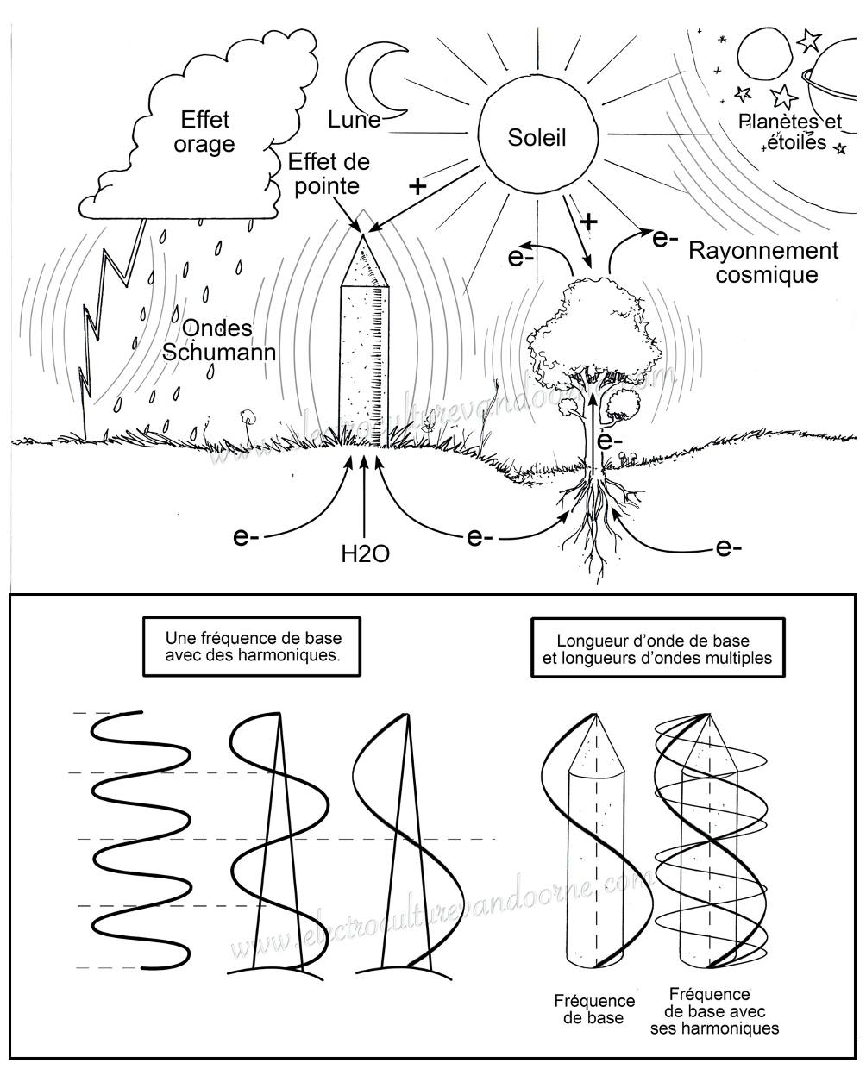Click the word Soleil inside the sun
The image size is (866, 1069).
[537, 138]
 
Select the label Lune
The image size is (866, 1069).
[354, 120]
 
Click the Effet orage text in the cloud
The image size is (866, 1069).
[204, 132]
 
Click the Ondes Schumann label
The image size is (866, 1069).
[219, 341]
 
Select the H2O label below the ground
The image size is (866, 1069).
[366, 554]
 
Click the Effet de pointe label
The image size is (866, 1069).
[329, 173]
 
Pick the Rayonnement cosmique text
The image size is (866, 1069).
[763, 262]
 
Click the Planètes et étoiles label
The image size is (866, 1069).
[790, 132]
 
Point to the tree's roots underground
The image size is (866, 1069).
[598, 517]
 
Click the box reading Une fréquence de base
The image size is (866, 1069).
[252, 647]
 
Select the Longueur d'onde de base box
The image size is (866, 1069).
[657, 648]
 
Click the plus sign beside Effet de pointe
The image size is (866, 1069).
[417, 187]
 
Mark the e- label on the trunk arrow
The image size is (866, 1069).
[611, 441]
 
